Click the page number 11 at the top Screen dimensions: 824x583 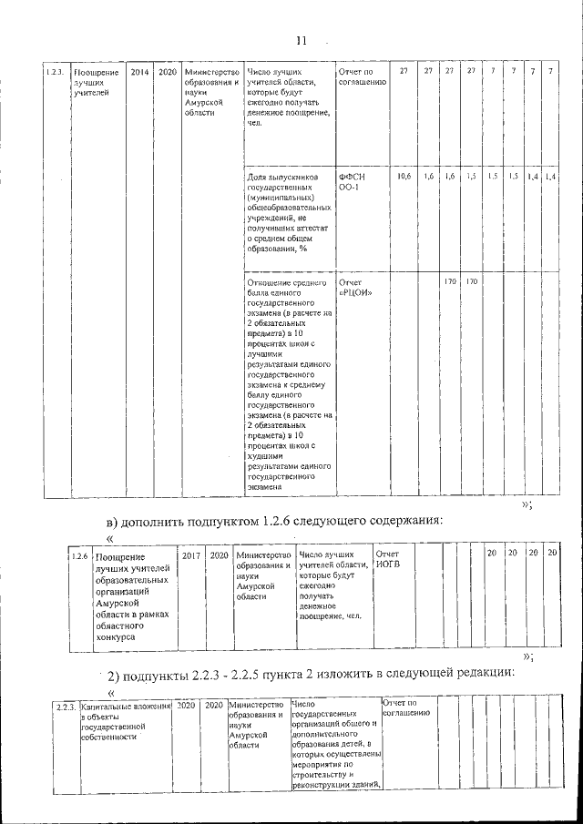pyautogui.click(x=302, y=40)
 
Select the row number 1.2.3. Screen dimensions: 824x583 pyautogui.click(x=56, y=71)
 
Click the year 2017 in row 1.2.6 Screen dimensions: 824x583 pyautogui.click(x=191, y=554)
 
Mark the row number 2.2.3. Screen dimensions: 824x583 pyautogui.click(x=64, y=706)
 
